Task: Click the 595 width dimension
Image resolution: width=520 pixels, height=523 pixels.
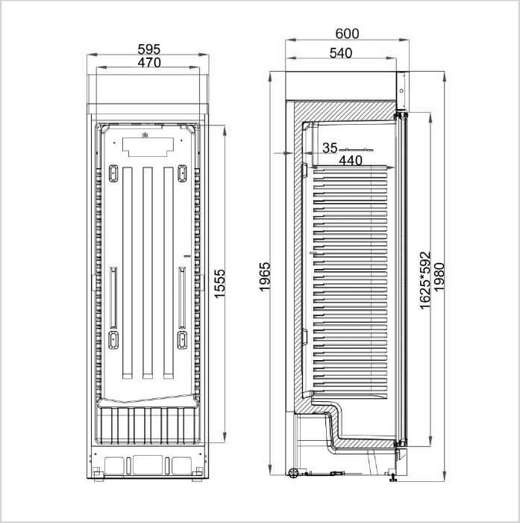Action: coord(149,49)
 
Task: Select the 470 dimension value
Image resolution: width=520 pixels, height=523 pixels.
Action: coord(149,62)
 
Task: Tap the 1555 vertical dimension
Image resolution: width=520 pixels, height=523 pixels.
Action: coord(220,284)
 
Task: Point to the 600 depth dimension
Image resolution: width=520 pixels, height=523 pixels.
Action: coord(347,34)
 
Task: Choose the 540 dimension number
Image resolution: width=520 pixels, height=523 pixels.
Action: coord(340,53)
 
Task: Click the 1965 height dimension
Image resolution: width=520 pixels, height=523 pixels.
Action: coord(265,277)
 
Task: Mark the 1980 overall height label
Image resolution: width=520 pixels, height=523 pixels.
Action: coord(439,277)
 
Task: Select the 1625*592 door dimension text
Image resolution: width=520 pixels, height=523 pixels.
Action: coord(425,281)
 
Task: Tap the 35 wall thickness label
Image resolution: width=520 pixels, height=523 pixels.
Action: coord(330,148)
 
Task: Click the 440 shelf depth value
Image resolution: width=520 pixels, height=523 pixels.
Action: coord(351,161)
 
